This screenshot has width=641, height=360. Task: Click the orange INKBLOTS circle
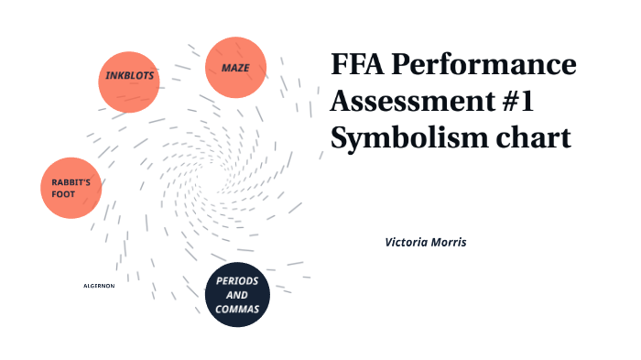pos(129,81)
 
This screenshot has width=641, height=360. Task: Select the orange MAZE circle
pos(235,68)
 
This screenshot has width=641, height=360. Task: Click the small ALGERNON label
pos(99,286)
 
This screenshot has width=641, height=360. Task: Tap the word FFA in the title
pos(360,66)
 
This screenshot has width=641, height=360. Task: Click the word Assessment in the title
pos(400,102)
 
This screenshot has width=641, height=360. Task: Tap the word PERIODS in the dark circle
pos(237,280)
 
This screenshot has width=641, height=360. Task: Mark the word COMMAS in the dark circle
pos(237,311)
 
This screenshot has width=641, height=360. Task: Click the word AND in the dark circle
pos(237,296)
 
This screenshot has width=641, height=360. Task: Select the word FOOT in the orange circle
pos(64,193)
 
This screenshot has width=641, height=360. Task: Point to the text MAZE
pos(235,68)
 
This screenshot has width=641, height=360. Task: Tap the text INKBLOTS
pos(129,74)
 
